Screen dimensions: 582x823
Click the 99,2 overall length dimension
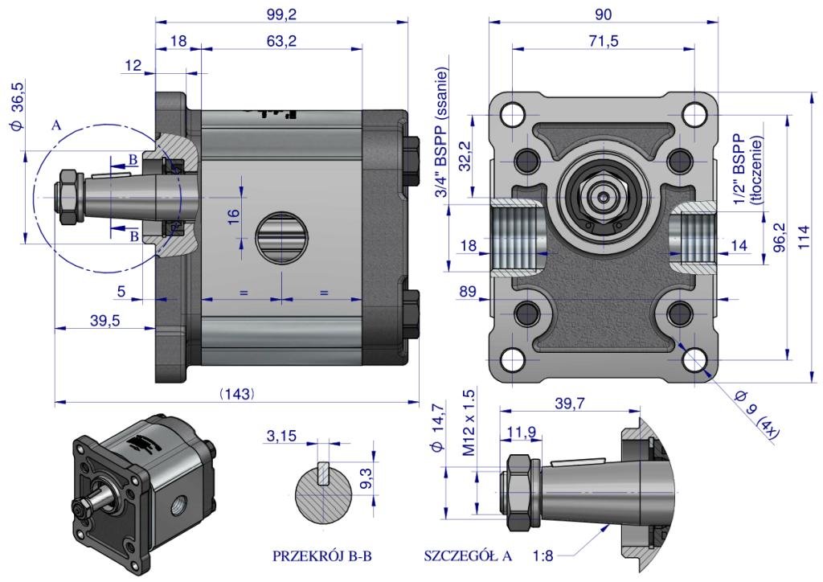280,14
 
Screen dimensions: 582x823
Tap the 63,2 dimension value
280,40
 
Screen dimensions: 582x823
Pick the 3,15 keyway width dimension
280,436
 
